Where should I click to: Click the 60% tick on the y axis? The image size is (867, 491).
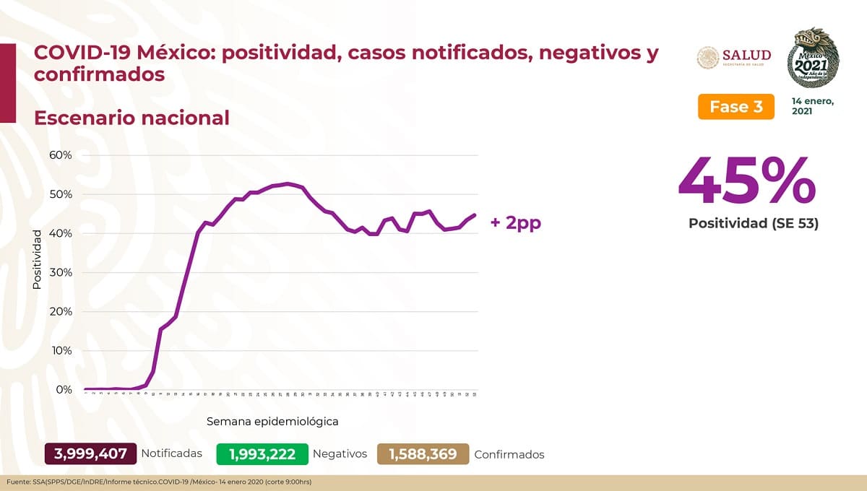pos(59,155)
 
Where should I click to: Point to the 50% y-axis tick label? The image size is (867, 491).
pos(59,194)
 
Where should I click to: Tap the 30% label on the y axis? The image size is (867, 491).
pos(59,272)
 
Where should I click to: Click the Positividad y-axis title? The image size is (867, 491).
pos(38,260)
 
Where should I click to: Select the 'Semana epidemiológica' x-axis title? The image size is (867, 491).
pos(272,420)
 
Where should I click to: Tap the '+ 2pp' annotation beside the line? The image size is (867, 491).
pos(515,222)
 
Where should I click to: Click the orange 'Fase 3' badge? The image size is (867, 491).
pos(736,107)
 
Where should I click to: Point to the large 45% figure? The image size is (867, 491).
pos(747,181)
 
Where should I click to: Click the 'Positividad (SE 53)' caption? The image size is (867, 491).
pos(753,224)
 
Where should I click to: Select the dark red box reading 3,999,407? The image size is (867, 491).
pos(90,453)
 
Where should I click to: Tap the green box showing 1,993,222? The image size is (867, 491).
pos(262,453)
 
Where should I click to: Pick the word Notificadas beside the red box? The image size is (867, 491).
pos(171,453)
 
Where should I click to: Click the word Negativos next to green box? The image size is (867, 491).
pos(340,453)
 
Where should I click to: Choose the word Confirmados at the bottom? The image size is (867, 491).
pos(509,454)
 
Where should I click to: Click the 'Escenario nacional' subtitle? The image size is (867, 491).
pos(131,117)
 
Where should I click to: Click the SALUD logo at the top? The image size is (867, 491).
pos(733,57)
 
